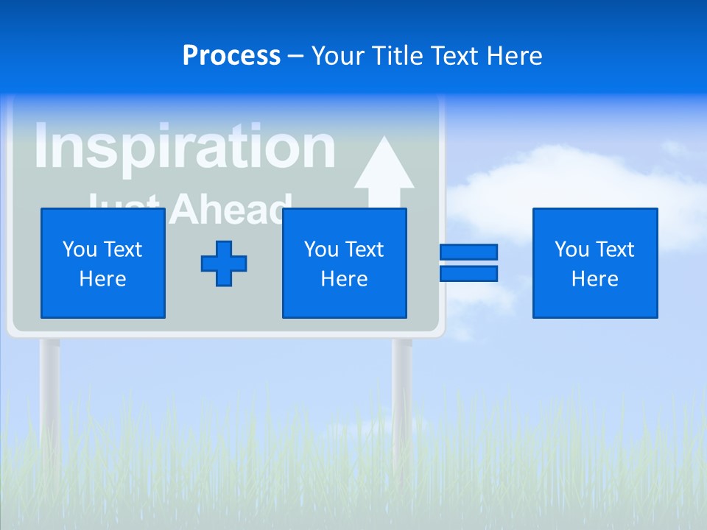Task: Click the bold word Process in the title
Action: click(x=231, y=56)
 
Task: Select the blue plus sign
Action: click(x=224, y=264)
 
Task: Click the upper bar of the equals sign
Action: click(x=469, y=252)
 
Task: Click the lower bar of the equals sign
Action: click(x=469, y=274)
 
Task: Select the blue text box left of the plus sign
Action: click(x=103, y=264)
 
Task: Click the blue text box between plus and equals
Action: click(x=345, y=264)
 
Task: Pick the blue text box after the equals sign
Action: click(x=595, y=264)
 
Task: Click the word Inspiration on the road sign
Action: click(x=184, y=146)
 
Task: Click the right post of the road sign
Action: click(x=402, y=390)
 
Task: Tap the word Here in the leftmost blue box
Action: click(x=103, y=279)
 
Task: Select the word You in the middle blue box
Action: click(x=321, y=250)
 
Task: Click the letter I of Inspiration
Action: click(x=41, y=146)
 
